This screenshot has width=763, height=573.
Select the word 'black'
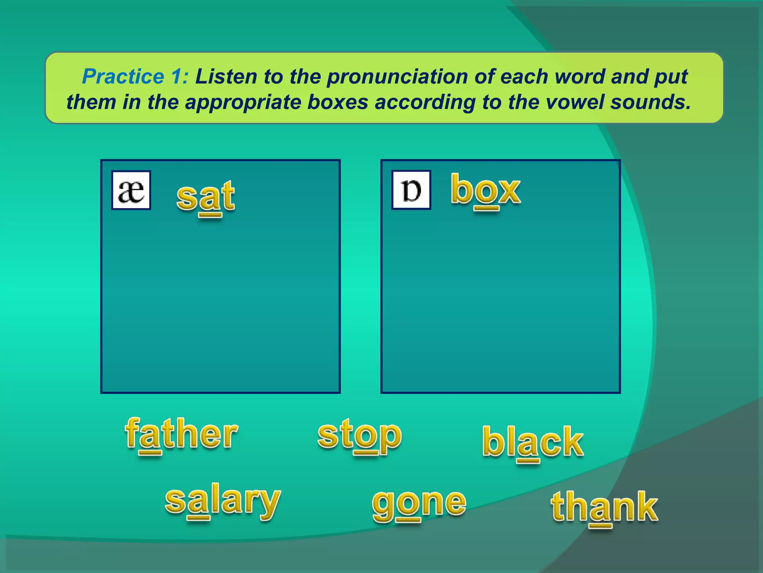pyautogui.click(x=533, y=442)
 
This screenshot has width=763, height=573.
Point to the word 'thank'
pyautogui.click(x=604, y=507)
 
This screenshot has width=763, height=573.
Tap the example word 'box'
pyautogui.click(x=485, y=190)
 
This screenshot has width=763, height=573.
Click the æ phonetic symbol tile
pyautogui.click(x=131, y=191)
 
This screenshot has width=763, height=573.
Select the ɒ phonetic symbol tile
pyautogui.click(x=411, y=190)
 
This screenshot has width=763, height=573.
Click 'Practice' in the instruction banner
pyautogui.click(x=123, y=76)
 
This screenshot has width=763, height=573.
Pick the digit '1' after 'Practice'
pyautogui.click(x=176, y=76)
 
